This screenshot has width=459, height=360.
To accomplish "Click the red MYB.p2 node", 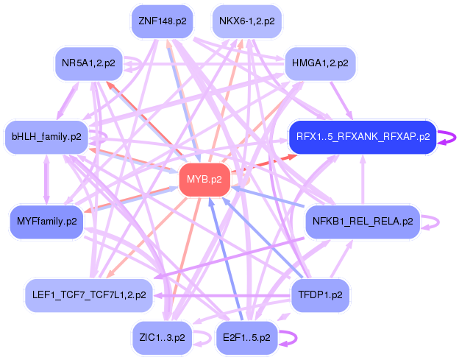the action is click(204, 180).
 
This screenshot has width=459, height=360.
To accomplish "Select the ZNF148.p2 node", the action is click(162, 21).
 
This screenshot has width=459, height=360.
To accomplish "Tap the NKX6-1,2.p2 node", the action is click(246, 21).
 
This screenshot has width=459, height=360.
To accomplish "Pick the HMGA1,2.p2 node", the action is click(320, 63).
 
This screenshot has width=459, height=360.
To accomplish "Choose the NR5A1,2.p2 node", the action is click(88, 63).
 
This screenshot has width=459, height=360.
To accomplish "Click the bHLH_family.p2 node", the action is click(46, 137).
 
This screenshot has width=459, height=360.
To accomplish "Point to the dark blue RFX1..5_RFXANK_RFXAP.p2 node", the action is click(363, 137).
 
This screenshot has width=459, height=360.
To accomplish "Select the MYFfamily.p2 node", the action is click(47, 222).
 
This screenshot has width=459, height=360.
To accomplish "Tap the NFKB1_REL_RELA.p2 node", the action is click(363, 222).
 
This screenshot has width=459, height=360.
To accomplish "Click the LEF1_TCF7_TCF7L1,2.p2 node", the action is click(89, 295).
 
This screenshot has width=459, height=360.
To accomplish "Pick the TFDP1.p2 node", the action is click(320, 295).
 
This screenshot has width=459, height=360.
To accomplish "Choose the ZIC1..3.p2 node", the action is click(162, 338).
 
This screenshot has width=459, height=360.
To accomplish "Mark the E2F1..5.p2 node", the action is click(246, 338).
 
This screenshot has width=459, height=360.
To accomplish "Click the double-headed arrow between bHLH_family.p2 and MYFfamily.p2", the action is click(47, 180).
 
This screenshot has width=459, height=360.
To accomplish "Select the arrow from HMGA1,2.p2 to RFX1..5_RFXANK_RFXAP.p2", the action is click(341, 100).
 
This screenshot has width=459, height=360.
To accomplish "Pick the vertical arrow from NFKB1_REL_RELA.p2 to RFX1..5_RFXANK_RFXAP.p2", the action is click(363, 180).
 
